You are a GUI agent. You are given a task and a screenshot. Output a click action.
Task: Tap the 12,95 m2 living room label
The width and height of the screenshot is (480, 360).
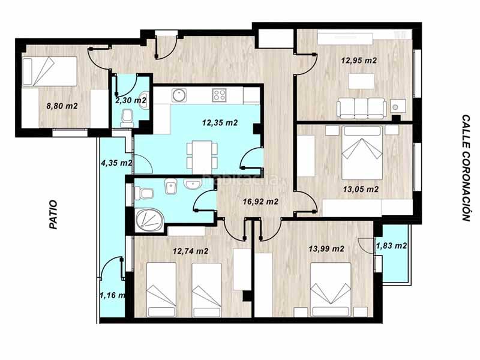(x=359, y=61)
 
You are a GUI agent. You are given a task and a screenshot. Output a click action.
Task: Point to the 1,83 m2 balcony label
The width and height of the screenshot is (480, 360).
(x=391, y=245)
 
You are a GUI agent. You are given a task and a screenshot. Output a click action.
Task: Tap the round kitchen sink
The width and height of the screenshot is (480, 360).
(x=178, y=95)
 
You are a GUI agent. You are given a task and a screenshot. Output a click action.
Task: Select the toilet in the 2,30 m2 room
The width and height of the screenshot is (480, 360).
(x=127, y=117)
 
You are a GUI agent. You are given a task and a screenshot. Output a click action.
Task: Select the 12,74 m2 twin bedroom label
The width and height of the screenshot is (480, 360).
(x=190, y=251)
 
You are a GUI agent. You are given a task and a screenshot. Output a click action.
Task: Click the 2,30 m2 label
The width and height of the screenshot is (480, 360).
(x=130, y=101)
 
